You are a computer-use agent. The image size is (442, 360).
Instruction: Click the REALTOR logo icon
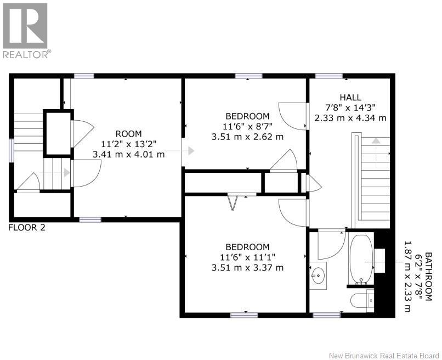(x=25, y=26)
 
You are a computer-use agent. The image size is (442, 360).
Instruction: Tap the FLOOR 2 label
(x=27, y=227)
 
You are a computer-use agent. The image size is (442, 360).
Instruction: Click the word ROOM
(x=128, y=134)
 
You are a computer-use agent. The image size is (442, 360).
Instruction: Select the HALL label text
(x=350, y=97)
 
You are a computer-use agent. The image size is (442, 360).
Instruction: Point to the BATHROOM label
(x=428, y=277)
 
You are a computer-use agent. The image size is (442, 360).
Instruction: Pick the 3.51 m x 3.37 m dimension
(x=247, y=267)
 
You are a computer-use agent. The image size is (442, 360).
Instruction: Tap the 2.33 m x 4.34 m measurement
(x=350, y=118)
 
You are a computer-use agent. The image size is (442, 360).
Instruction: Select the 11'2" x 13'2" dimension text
(x=128, y=144)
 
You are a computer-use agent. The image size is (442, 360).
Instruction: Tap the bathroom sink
(x=318, y=275)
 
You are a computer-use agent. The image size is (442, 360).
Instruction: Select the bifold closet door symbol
(x=233, y=202)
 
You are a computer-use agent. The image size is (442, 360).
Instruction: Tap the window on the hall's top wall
(x=328, y=76)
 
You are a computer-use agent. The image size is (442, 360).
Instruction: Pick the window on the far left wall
(x=12, y=150)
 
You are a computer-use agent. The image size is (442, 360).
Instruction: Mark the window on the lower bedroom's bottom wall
(x=244, y=315)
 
